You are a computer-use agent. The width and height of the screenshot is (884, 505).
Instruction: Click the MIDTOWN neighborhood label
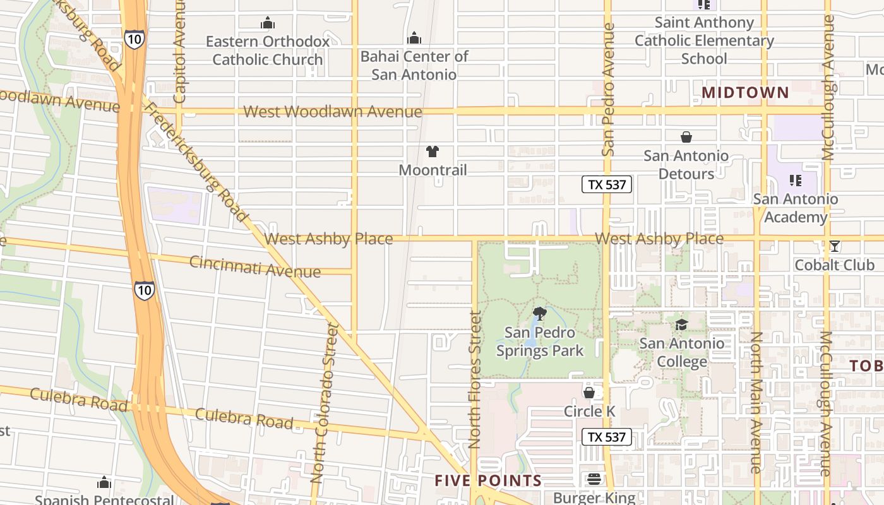(745, 93)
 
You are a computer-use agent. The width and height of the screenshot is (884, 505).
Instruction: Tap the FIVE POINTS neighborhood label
(488, 481)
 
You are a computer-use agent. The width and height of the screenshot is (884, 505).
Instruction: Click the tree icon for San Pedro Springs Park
(539, 313)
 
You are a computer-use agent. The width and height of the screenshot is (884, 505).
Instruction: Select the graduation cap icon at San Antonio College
(681, 324)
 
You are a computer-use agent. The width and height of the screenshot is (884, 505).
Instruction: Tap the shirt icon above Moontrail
(433, 151)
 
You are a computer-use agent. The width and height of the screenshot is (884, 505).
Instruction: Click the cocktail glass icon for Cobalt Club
(835, 246)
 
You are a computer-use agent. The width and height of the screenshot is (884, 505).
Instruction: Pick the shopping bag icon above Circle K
(589, 393)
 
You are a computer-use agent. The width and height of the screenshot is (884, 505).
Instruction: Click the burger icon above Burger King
(594, 479)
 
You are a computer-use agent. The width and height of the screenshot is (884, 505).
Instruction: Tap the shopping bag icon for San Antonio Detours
(686, 137)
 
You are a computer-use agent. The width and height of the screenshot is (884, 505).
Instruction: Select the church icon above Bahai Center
(414, 38)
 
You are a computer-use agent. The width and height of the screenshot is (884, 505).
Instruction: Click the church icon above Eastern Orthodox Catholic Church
(268, 23)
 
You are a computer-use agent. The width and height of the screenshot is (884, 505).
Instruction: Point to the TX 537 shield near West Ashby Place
(607, 184)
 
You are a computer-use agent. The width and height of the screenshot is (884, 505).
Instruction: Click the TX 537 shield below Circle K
(607, 437)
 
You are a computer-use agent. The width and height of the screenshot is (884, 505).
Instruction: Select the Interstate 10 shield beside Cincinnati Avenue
(143, 290)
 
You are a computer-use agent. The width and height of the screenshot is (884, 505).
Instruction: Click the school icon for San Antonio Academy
(796, 181)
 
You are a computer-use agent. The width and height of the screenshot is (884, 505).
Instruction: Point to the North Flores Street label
(475, 379)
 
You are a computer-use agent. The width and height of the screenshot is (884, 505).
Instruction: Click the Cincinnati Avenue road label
(255, 267)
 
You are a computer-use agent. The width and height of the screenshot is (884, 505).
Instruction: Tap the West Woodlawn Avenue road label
(333, 112)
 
